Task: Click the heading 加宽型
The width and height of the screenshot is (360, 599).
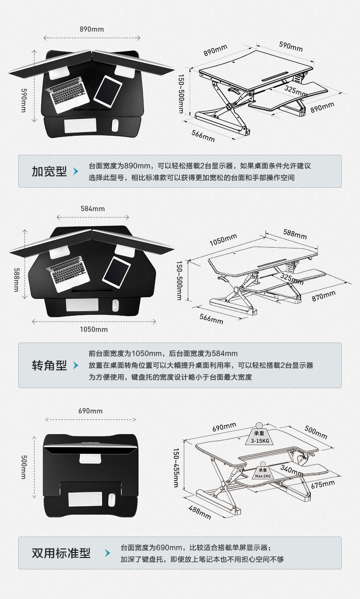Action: point(49,171)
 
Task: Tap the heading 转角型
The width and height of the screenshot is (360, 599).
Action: point(49,365)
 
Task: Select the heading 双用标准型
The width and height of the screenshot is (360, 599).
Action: point(61,553)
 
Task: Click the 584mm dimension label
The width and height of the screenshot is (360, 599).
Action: point(93,209)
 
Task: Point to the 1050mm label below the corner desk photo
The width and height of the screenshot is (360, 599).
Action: point(94,329)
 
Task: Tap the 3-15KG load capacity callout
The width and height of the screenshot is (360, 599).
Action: point(259,438)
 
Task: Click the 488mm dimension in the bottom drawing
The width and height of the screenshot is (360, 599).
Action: point(200,512)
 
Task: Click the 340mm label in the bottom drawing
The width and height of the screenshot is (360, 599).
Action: point(292,470)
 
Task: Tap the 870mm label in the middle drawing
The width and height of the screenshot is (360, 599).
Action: point(324,296)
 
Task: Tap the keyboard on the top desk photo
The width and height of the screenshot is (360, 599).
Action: point(81,125)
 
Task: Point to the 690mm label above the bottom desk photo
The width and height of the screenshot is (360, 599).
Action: point(90,410)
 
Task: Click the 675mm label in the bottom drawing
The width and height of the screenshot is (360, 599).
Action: point(323,484)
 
